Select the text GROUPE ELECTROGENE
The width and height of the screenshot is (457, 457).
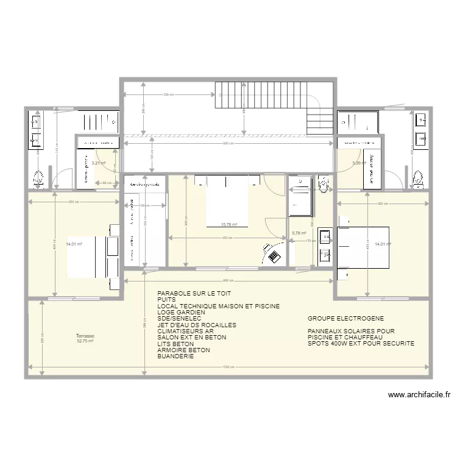coord(345,319)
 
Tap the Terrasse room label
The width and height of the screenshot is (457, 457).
coord(85,336)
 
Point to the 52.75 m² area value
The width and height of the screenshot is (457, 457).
coord(85,341)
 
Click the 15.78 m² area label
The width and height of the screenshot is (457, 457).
coord(229,224)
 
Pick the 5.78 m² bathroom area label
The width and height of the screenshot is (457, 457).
coord(299,233)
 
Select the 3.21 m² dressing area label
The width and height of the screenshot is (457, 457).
coord(98,163)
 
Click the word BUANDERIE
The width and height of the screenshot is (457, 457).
coord(175,356)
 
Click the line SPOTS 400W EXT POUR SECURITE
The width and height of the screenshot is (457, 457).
coord(361,344)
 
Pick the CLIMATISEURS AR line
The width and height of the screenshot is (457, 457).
coord(185,331)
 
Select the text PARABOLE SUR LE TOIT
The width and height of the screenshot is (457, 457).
coord(194,293)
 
